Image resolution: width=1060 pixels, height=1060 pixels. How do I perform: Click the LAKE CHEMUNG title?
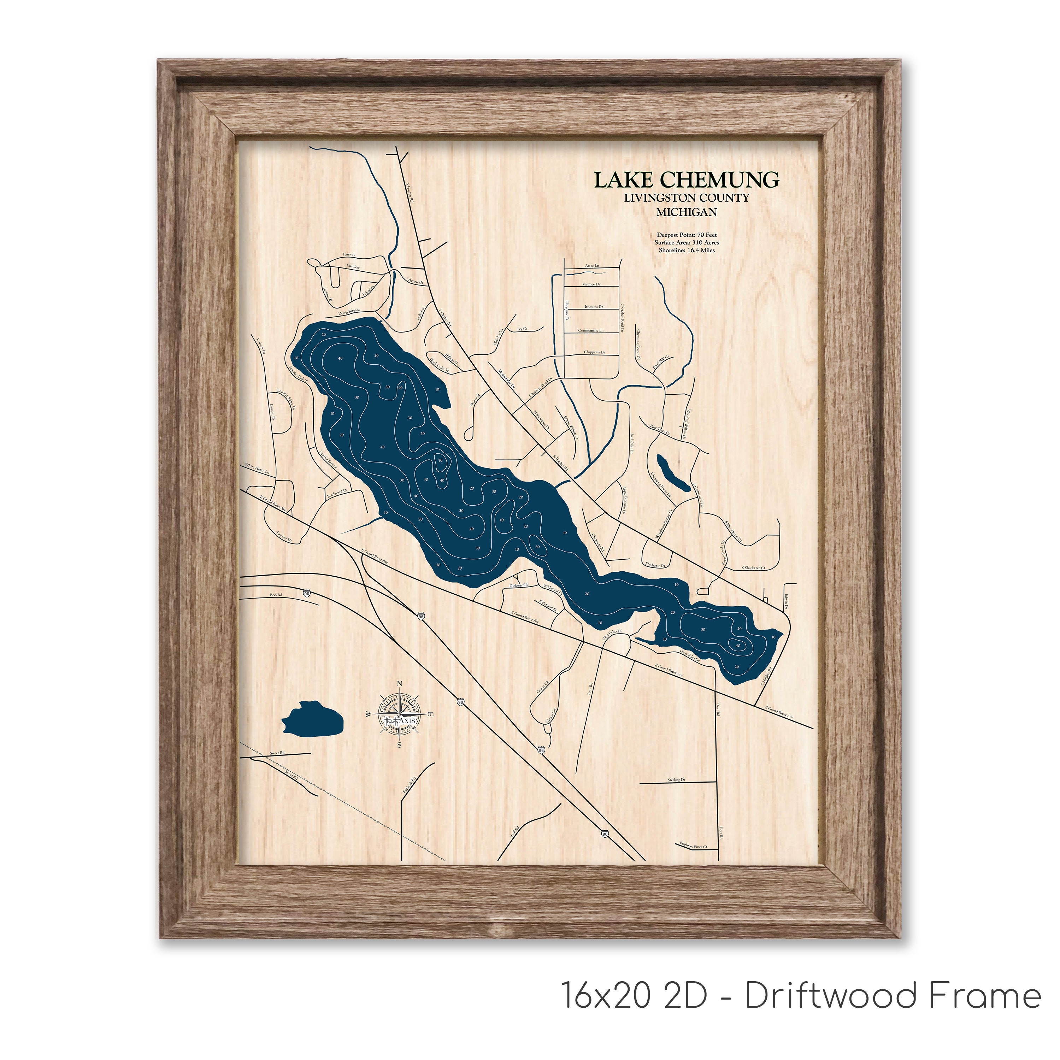[686, 179]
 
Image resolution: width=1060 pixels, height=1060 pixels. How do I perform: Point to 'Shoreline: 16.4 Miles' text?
[687, 250]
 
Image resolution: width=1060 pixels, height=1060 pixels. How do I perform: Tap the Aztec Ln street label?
[593, 265]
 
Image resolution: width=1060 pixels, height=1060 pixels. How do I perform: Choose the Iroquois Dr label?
[594, 307]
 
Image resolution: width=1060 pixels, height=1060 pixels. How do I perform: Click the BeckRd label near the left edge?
[276, 595]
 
